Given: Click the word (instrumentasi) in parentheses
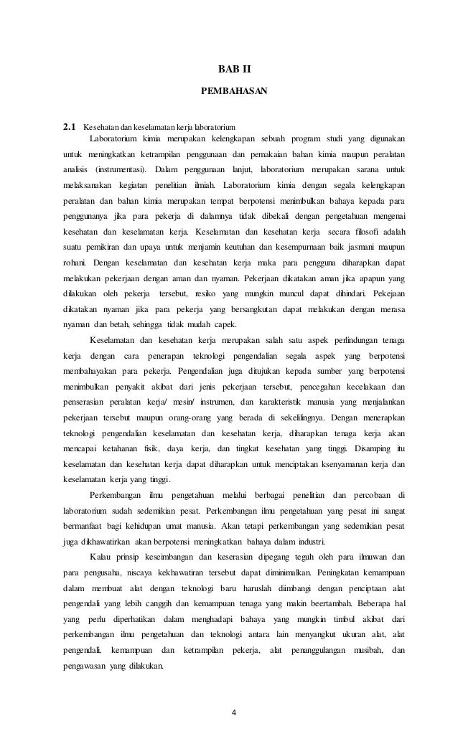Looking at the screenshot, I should coord(121,169).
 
